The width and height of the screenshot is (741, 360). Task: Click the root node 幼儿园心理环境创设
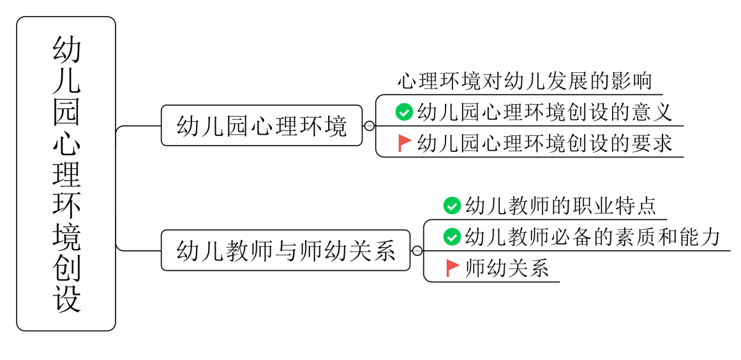pos(66,174)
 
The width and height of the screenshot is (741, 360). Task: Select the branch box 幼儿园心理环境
pos(262,126)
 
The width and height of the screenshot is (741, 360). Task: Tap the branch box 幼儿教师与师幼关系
pos(285,250)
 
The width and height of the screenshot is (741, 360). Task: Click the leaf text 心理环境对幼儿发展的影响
pos(525,82)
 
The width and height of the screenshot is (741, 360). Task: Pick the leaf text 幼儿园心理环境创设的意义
pos(544,112)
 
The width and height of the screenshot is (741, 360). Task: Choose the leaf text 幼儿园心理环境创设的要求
pos(544,143)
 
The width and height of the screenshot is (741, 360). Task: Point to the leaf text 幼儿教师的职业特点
pos(560,206)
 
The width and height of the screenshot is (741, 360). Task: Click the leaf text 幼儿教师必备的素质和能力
pos(593,237)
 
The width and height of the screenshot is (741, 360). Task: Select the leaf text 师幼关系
pos(507,268)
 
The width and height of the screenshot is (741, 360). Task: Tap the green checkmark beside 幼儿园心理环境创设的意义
pos(403,112)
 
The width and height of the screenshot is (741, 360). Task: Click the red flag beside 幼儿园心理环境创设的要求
pos(404,143)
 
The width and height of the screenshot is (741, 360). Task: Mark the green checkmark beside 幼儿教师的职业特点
pos(452,206)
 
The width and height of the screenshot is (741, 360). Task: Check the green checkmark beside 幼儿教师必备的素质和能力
pos(452,237)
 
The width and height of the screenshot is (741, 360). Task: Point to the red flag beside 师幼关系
pos(453,268)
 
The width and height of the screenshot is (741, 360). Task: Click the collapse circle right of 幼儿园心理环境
pos(369,126)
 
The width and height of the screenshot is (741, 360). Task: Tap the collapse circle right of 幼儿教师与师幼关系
pos(417,251)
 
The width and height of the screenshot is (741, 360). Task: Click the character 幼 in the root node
pos(66,50)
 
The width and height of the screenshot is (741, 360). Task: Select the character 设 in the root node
pos(66,298)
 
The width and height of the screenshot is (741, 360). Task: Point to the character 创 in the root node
pos(66,267)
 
